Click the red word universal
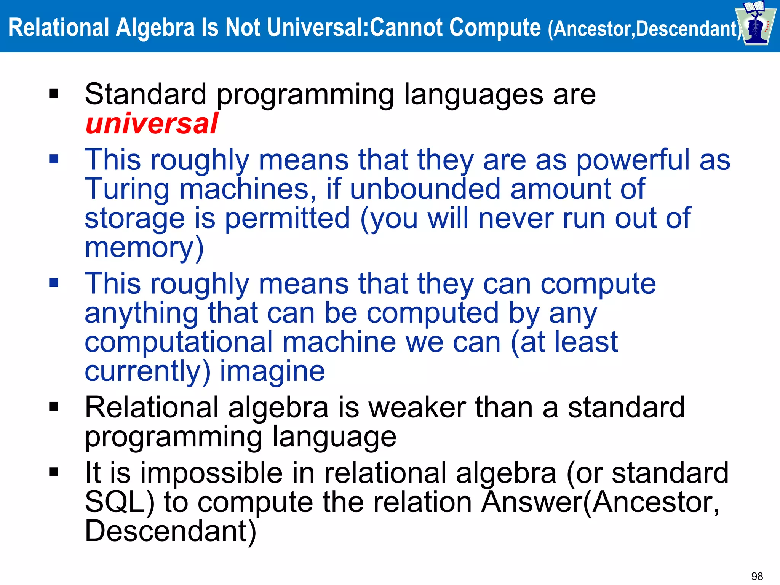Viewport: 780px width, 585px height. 152,124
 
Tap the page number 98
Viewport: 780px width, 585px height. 757,576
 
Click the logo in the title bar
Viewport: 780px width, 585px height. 755,24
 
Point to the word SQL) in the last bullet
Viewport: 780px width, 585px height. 120,502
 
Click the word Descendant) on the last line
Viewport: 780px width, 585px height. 170,531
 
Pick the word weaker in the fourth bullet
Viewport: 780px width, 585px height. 417,408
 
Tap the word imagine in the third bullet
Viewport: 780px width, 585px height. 272,371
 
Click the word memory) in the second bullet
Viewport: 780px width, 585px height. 144,248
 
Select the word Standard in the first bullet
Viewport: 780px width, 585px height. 145,94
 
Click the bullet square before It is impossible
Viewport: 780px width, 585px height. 54,472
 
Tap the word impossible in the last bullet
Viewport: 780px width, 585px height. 211,473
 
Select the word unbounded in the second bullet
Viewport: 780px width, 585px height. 425,189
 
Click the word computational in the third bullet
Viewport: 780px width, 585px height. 179,342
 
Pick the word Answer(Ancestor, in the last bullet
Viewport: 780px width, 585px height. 600,502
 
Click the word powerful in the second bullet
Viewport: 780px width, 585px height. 633,160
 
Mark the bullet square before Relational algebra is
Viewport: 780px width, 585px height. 54,407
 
